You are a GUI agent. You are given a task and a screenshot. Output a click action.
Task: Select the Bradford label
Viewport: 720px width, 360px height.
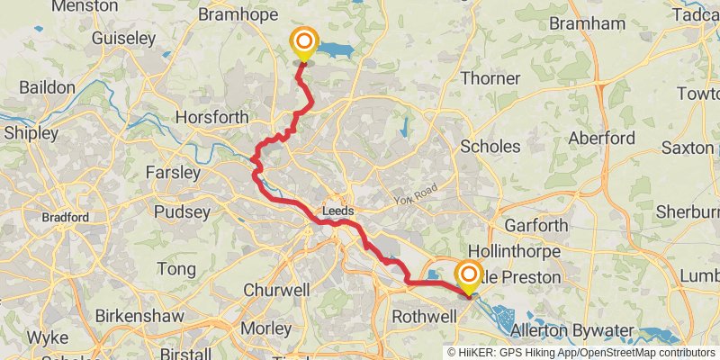pos(65,217)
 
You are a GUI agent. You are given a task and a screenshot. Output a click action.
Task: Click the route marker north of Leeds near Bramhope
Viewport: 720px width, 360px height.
pos(304,41)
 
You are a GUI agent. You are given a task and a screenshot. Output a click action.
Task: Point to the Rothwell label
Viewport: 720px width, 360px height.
pos(427,317)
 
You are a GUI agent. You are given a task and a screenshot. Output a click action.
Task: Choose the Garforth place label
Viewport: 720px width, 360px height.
pos(535,225)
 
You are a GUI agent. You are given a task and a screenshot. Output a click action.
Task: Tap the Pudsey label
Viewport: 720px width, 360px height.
pos(182,213)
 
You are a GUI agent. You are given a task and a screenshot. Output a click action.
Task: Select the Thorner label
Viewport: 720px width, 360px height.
pos(490,78)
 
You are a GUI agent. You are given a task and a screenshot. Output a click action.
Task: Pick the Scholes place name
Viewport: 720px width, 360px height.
pos(490,146)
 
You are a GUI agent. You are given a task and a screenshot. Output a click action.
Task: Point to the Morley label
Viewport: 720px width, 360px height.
pos(266,328)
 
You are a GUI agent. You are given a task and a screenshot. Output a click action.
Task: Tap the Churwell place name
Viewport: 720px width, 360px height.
pos(276,291)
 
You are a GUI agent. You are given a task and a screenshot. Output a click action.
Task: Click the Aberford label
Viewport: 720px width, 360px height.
pos(602,139)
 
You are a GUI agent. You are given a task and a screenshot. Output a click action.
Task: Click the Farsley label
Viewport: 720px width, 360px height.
pos(171,171)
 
